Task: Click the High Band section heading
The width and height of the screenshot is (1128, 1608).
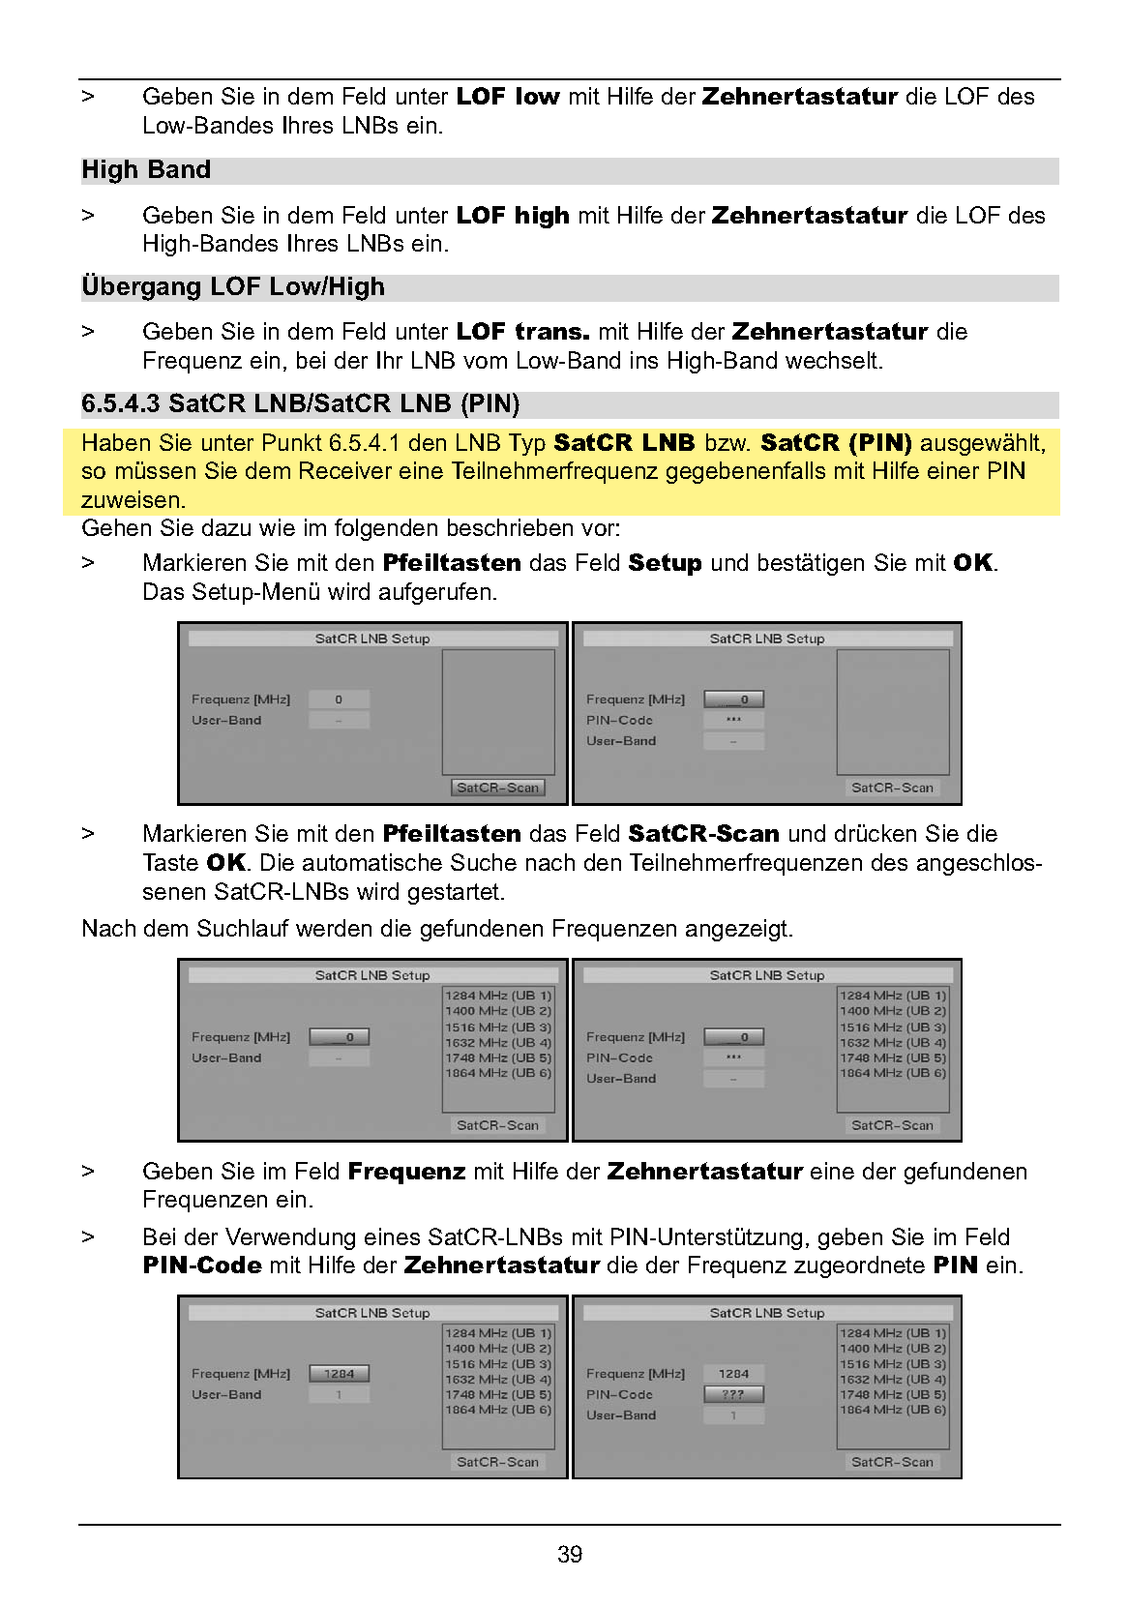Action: [146, 170]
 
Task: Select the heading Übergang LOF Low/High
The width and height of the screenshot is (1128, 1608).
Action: [233, 287]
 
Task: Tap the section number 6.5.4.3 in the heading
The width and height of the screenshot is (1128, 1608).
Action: [120, 403]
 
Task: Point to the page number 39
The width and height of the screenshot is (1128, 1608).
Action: [570, 1554]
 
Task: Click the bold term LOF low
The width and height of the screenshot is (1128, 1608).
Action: [508, 97]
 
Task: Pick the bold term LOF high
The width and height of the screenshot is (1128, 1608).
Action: [513, 215]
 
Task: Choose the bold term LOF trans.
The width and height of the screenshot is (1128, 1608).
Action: [522, 332]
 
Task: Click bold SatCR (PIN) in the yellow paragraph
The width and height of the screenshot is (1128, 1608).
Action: [836, 443]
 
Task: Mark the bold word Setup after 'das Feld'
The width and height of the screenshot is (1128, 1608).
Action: [665, 563]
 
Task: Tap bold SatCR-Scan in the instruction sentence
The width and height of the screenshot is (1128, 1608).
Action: [703, 834]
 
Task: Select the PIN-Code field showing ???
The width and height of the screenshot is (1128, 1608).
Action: [733, 1394]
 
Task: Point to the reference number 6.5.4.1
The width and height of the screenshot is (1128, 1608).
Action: [365, 443]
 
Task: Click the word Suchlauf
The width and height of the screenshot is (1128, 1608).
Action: [243, 929]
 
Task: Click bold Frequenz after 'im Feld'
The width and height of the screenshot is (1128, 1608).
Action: [406, 1172]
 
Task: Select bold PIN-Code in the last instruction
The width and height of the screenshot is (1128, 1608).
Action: [202, 1266]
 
